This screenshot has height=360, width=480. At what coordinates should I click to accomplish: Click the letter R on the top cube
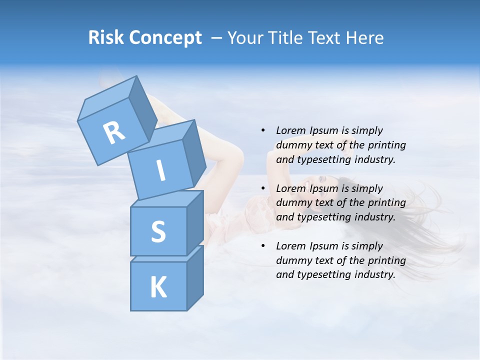pyautogui.click(x=114, y=132)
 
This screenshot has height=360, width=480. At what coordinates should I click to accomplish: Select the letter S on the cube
pyautogui.click(x=158, y=231)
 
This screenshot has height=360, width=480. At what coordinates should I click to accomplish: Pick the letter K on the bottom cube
pyautogui.click(x=158, y=287)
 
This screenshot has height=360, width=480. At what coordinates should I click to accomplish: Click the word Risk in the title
pyautogui.click(x=106, y=38)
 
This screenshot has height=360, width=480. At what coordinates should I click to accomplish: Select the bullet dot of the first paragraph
pyautogui.click(x=263, y=130)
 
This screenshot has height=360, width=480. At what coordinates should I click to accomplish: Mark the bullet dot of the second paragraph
pyautogui.click(x=263, y=188)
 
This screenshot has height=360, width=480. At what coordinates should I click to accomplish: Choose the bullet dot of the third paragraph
pyautogui.click(x=263, y=246)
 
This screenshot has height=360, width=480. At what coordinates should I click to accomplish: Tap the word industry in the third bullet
pyautogui.click(x=377, y=274)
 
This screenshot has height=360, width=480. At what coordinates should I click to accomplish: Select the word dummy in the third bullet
pyautogui.click(x=292, y=260)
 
